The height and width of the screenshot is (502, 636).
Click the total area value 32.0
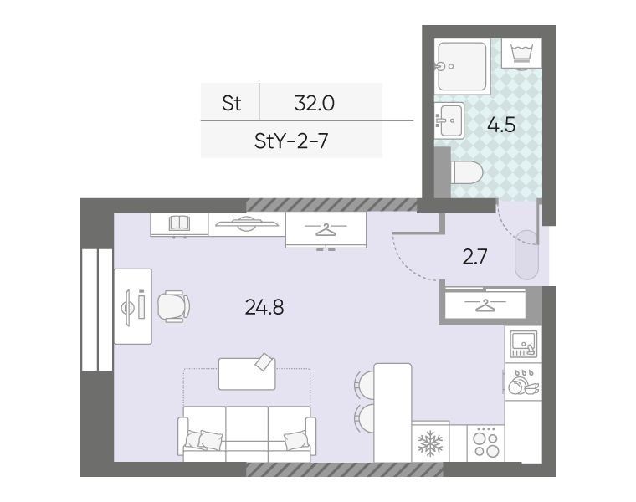[315, 103]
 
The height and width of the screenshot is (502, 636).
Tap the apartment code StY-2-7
[291, 141]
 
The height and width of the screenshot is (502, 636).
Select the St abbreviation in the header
[232, 103]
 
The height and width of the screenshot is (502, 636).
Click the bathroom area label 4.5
[501, 125]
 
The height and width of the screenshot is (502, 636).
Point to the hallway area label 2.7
[474, 257]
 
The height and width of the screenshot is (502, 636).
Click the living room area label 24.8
[264, 307]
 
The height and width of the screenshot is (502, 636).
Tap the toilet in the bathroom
[466, 172]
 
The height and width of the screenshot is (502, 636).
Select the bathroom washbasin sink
[449, 120]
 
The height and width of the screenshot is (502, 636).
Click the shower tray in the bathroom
[462, 66]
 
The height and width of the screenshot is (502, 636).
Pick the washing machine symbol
[521, 54]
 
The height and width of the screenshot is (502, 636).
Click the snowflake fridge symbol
[430, 443]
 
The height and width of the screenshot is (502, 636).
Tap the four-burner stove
[486, 443]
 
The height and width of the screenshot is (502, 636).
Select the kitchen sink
[524, 344]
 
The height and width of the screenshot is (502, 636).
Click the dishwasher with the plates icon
[523, 382]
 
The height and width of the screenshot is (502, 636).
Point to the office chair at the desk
[173, 306]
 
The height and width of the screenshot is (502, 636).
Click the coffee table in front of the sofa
[247, 373]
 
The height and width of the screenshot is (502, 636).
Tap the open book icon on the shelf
[179, 223]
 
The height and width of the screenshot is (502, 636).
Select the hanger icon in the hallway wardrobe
[485, 305]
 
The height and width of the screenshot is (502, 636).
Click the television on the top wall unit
[247, 223]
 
